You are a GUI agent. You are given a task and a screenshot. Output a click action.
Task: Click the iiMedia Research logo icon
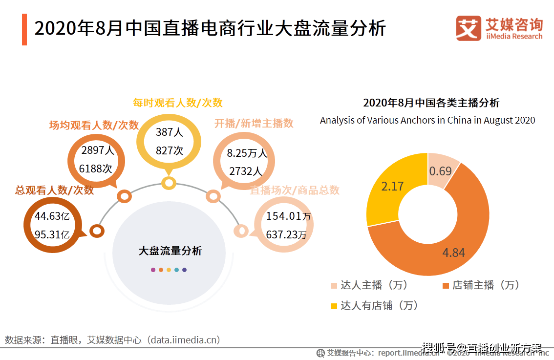tap(469, 28)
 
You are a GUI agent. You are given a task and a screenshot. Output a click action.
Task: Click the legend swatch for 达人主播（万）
tap(334, 285)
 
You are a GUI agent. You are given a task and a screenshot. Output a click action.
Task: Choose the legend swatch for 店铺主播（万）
tap(445, 285)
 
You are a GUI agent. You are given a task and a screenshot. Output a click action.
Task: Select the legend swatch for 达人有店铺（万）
tap(334, 306)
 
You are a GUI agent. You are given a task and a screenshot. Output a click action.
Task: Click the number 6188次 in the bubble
tap(96, 169)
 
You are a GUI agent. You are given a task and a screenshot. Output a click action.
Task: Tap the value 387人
tap(169, 132)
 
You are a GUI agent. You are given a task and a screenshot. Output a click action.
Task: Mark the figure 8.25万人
tap(247, 153)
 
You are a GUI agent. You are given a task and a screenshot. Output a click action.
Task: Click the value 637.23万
tap(286, 235)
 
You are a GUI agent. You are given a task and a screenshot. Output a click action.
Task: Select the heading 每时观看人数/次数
tap(178, 103)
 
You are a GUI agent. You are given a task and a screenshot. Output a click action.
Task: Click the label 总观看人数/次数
tap(54, 191)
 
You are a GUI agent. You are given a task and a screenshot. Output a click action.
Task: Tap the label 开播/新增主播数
tap(254, 124)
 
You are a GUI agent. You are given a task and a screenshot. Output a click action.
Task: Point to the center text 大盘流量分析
tap(170, 251)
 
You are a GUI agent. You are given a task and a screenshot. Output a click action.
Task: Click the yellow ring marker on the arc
tap(169, 183)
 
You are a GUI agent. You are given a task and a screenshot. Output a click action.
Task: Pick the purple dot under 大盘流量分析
tap(153, 270)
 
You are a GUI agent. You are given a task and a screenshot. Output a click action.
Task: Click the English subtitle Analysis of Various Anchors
tap(427, 120)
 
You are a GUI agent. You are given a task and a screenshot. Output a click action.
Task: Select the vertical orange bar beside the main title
tap(24, 30)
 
